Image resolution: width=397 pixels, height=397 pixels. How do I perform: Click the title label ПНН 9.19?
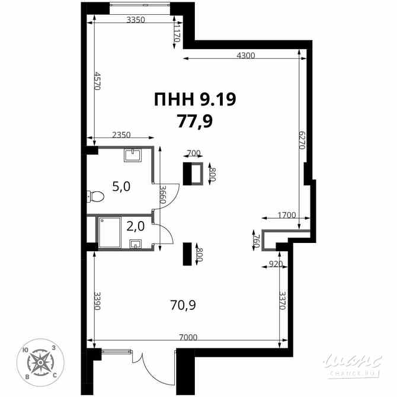[194, 100]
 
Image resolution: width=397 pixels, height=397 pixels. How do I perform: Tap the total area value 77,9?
[194, 121]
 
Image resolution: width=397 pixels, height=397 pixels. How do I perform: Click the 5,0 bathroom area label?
[121, 187]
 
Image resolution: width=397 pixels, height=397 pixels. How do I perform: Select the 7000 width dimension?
[188, 338]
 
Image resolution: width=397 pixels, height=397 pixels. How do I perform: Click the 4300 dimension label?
[245, 56]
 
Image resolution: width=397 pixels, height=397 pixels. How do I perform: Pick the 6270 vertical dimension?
[302, 140]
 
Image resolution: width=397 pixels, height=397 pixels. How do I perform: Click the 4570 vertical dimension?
[97, 81]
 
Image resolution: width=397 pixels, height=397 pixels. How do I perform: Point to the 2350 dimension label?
[121, 135]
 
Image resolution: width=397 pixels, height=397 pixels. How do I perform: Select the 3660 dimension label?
[161, 194]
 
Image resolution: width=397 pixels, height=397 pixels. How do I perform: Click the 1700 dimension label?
[287, 216]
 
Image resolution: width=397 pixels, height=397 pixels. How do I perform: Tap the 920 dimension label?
[276, 264]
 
